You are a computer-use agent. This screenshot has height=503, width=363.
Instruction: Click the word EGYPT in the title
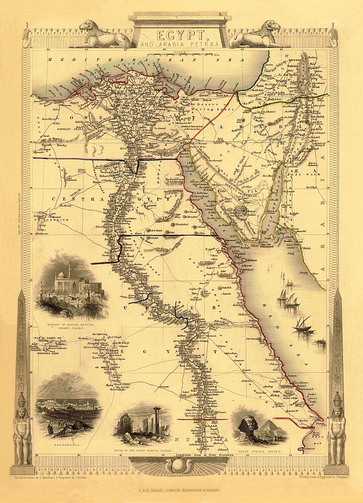click(181, 35)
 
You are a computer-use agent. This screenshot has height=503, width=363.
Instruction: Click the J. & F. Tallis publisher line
click(181, 487)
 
